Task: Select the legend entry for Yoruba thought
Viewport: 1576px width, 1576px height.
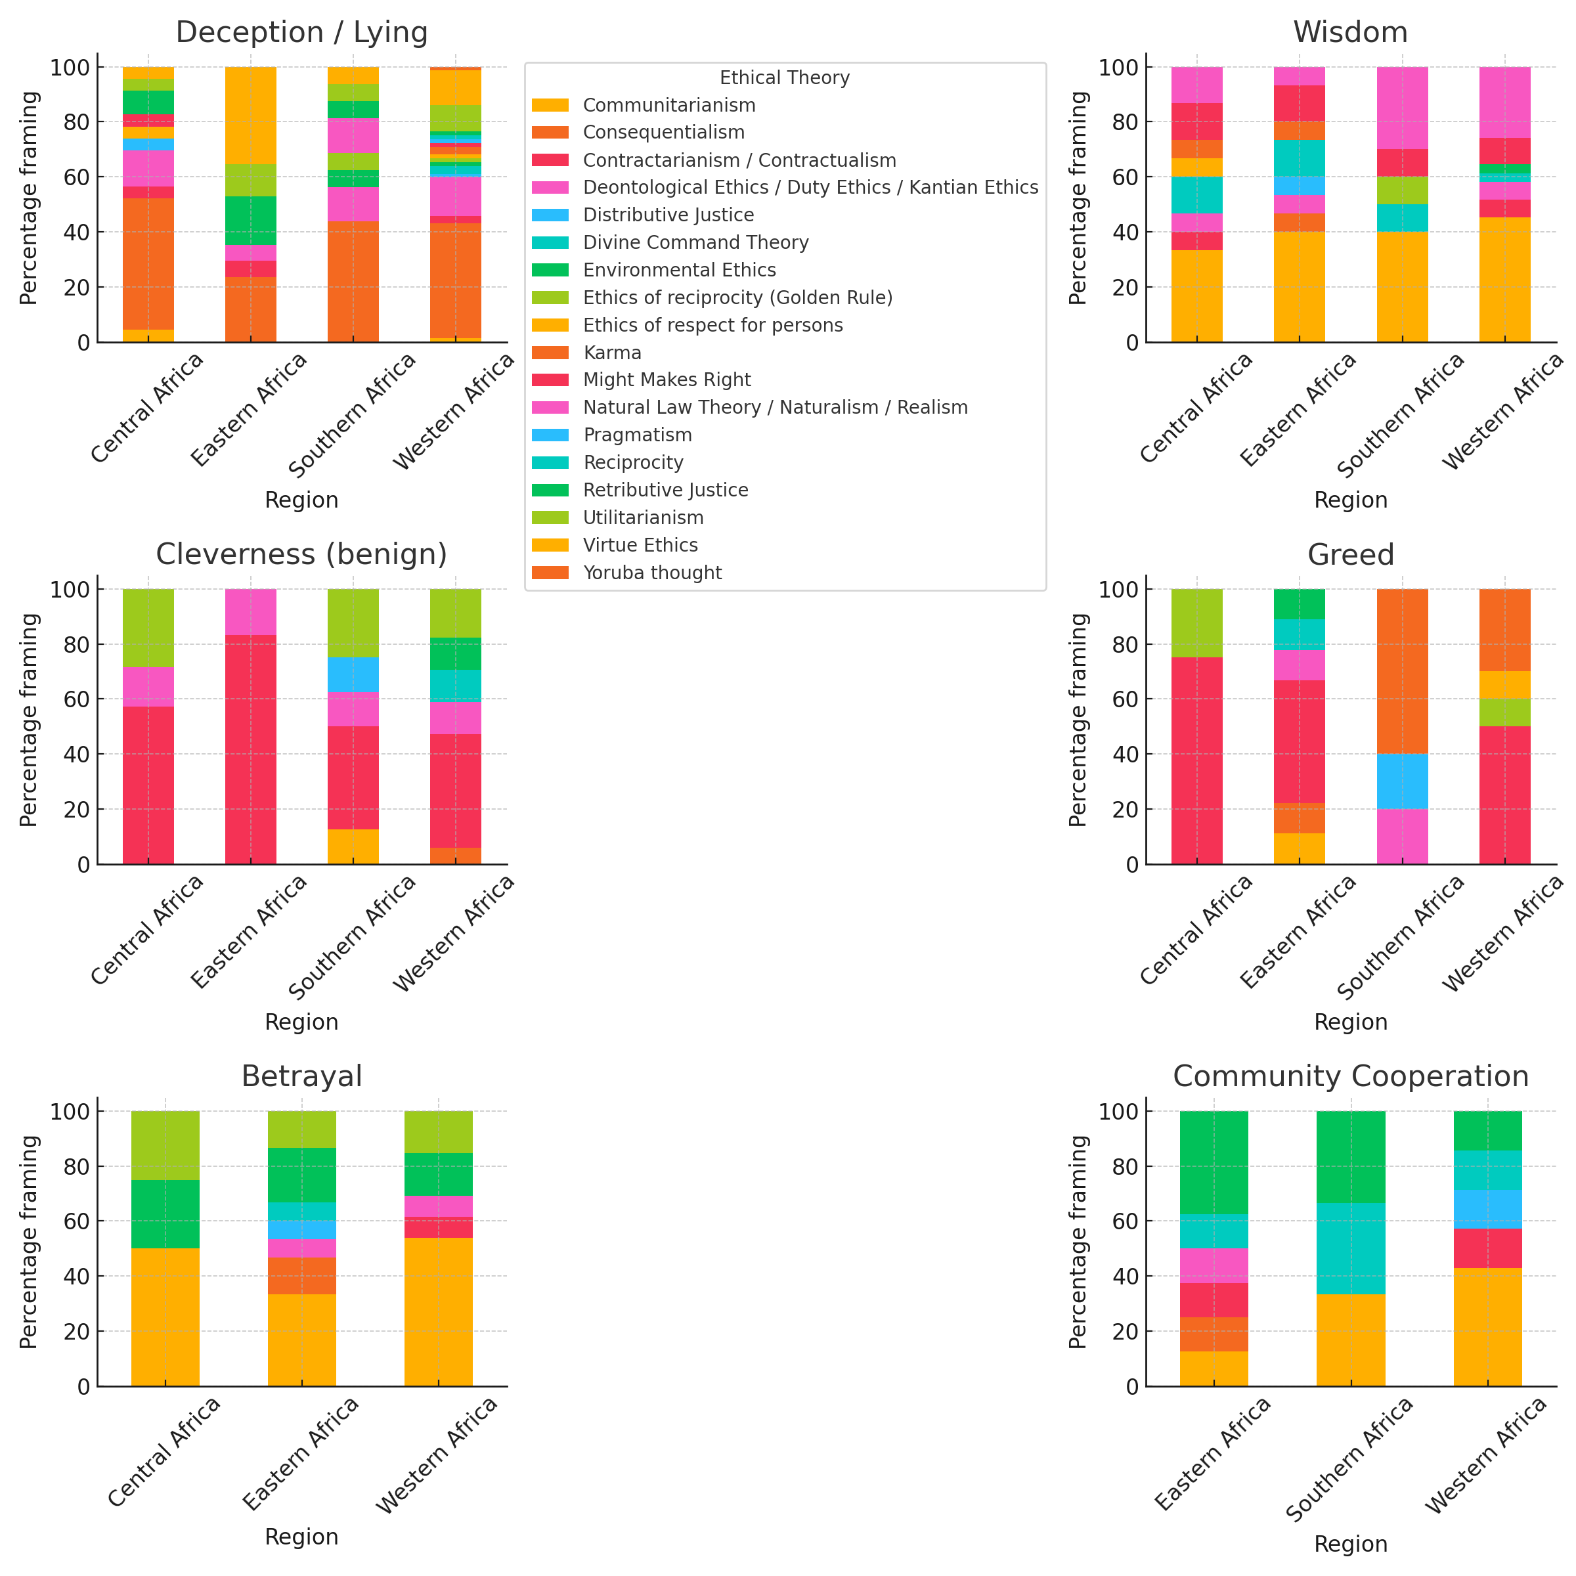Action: (x=652, y=573)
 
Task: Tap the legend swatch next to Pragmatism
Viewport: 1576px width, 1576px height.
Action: (x=550, y=435)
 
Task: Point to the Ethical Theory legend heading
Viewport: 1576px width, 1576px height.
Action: (x=784, y=77)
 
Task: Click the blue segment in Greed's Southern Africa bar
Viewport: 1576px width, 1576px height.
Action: (x=1402, y=781)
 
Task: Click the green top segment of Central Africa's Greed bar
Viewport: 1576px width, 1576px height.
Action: (x=1196, y=623)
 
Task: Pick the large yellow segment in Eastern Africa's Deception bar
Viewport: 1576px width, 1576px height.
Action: (x=250, y=115)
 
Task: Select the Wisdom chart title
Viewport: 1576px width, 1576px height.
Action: (x=1350, y=33)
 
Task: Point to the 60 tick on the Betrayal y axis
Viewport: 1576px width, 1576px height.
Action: (x=78, y=1221)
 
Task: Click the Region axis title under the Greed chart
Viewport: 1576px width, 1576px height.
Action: (x=1350, y=1022)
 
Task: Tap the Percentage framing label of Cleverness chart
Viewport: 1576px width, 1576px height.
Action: (x=30, y=720)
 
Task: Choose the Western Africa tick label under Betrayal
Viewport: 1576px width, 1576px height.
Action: (x=437, y=1455)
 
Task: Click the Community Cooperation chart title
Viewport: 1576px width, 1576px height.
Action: (x=1350, y=1077)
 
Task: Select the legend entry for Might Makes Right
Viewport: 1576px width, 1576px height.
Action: (x=667, y=380)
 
